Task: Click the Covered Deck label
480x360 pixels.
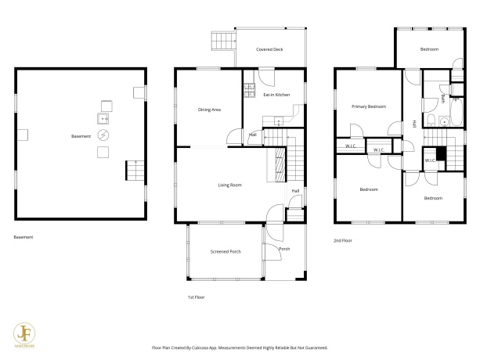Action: click(x=269, y=49)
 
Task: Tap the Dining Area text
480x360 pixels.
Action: click(x=209, y=110)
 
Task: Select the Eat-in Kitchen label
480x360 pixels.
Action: click(x=276, y=95)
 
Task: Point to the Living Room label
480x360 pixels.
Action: click(x=229, y=185)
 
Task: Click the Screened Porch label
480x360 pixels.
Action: click(x=225, y=252)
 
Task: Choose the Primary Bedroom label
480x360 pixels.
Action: click(x=368, y=106)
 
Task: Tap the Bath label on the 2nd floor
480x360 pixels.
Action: click(x=443, y=99)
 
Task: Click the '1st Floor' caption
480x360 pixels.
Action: click(x=196, y=297)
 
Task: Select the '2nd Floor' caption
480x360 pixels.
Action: click(x=343, y=240)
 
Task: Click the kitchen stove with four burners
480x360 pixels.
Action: click(x=249, y=90)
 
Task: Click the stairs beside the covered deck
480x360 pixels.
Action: click(x=224, y=41)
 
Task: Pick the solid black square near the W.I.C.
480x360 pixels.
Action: click(x=440, y=154)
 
